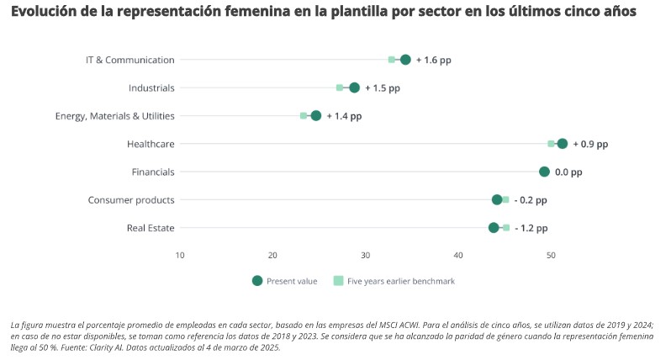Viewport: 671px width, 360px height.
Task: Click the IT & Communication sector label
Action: [x=130, y=60]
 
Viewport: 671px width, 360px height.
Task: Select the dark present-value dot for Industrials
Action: [x=354, y=87]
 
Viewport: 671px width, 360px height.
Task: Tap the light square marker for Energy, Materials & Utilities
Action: [x=304, y=115]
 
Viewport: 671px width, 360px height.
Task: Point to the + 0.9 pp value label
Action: [x=590, y=144]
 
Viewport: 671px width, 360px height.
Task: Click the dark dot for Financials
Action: [x=544, y=172]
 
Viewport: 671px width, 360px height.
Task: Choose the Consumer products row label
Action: [x=131, y=200]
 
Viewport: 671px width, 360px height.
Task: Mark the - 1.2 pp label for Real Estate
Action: [x=531, y=228]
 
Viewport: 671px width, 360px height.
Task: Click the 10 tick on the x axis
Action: [x=180, y=255]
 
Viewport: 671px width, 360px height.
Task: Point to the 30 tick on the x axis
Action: [x=365, y=255]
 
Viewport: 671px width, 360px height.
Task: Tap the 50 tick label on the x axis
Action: [x=551, y=255]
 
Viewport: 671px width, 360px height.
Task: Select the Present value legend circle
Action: [x=256, y=281]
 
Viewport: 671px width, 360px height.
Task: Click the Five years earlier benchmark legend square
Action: [x=338, y=281]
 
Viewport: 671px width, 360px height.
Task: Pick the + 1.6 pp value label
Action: [x=434, y=60]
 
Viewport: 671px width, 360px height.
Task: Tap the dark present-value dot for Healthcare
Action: [x=563, y=144]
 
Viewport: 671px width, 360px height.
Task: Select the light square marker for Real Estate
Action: [x=506, y=228]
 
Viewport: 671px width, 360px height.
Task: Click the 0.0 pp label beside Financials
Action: [x=568, y=172]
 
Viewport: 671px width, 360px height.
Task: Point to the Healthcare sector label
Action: [x=151, y=144]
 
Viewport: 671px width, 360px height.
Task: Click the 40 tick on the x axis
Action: [x=458, y=255]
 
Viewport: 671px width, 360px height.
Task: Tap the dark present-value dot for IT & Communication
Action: [x=405, y=60]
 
